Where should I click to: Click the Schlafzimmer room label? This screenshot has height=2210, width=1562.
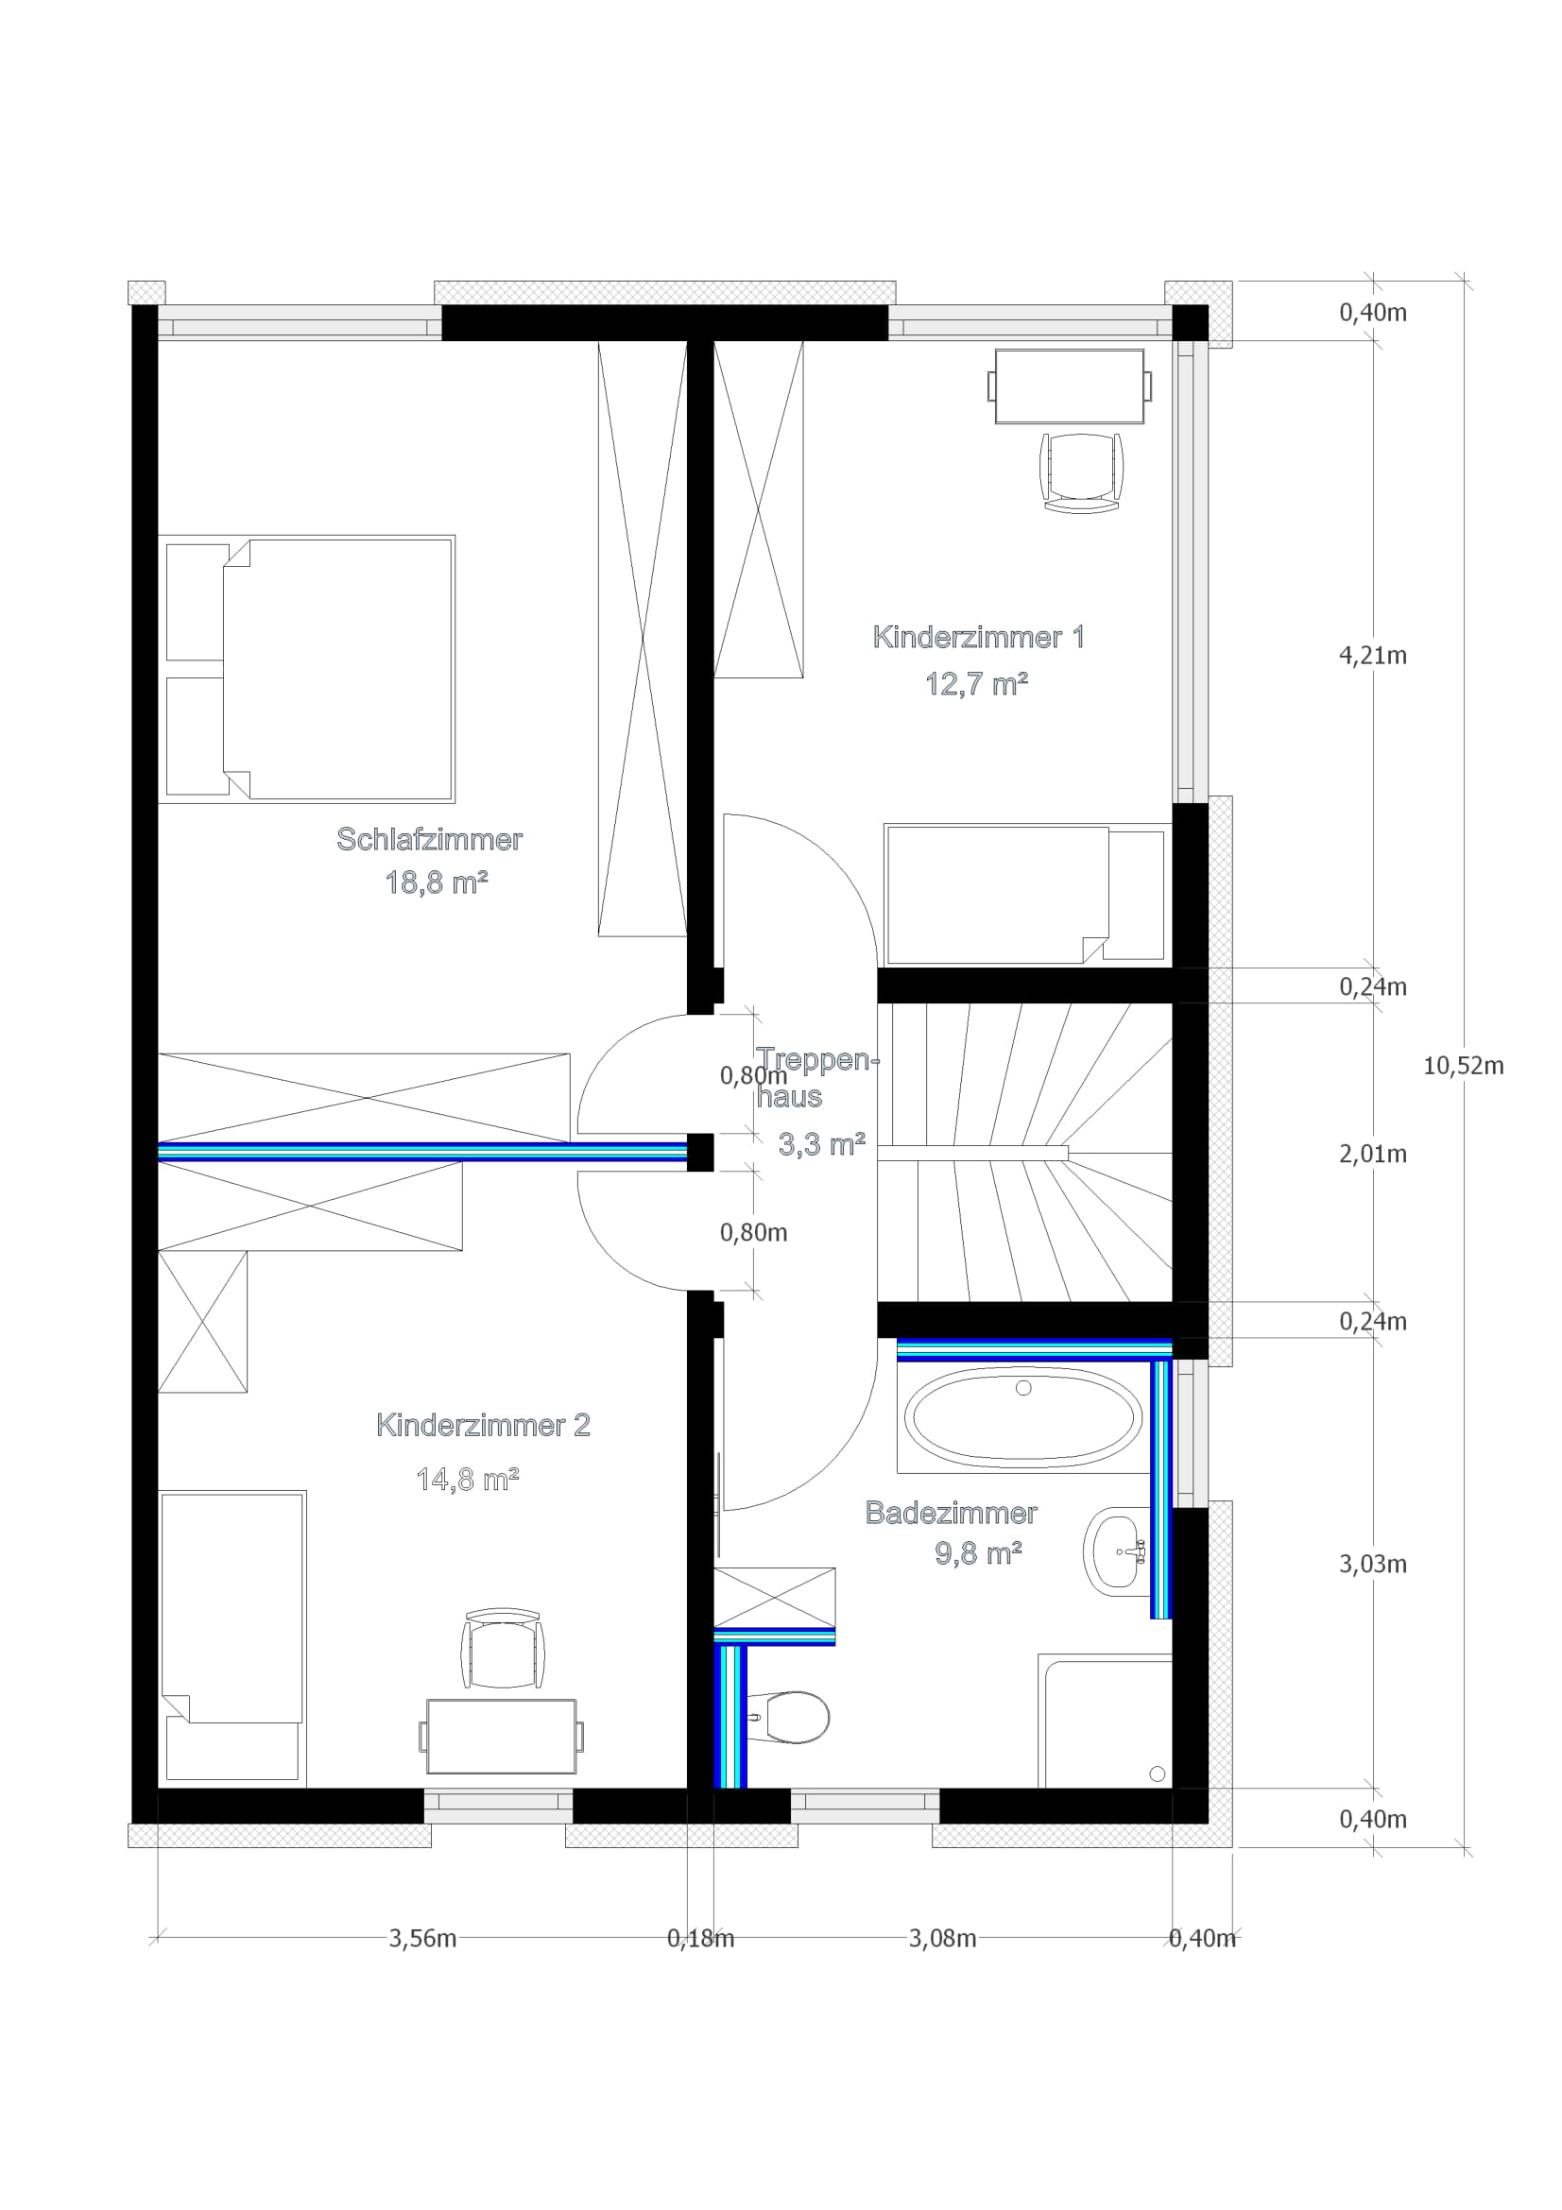pyautogui.click(x=429, y=839)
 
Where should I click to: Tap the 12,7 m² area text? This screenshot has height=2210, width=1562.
pyautogui.click(x=976, y=684)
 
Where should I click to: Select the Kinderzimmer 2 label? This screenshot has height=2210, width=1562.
pyautogui.click(x=482, y=1426)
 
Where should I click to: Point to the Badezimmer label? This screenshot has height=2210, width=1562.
pyautogui.click(x=951, y=1513)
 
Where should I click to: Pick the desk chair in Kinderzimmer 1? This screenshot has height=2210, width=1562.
pyautogui.click(x=1082, y=471)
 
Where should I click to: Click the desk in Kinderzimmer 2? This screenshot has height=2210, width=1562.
pyautogui.click(x=502, y=1737)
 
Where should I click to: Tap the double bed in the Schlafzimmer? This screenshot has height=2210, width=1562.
pyautogui.click(x=336, y=669)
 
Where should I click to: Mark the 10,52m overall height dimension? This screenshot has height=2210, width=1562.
pyautogui.click(x=1463, y=1066)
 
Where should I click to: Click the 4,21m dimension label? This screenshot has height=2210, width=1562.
pyautogui.click(x=1372, y=656)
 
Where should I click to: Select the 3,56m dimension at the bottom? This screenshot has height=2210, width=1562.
pyautogui.click(x=422, y=1939)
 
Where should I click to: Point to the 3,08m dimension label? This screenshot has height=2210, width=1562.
pyautogui.click(x=942, y=1939)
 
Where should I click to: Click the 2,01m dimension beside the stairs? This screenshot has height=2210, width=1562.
pyautogui.click(x=1372, y=1153)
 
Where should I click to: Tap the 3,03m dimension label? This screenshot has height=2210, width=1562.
pyautogui.click(x=1372, y=1564)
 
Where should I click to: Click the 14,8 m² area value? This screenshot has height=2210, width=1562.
pyautogui.click(x=467, y=1480)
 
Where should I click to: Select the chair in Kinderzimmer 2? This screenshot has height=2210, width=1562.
pyautogui.click(x=503, y=1648)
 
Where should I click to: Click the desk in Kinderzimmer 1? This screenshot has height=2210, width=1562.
pyautogui.click(x=1070, y=387)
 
